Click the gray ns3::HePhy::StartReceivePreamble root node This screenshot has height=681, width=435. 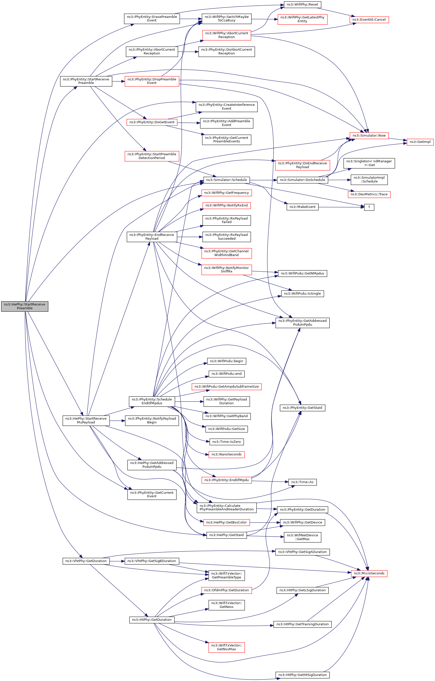tap(25, 306)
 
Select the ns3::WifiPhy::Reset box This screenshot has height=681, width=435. tap(302, 5)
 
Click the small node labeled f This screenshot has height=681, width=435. tap(369, 207)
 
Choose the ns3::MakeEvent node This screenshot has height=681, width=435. tap(302, 207)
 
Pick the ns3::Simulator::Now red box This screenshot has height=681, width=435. tap(369, 135)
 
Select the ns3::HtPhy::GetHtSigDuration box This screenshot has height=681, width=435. tap(302, 675)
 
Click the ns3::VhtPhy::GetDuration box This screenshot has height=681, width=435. tap(86, 561)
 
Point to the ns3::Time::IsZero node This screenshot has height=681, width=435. tap(226, 442)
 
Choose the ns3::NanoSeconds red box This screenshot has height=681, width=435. tap(226, 454)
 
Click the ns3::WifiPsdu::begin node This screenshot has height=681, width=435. tap(226, 361)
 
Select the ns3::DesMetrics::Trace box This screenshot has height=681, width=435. tap(369, 194)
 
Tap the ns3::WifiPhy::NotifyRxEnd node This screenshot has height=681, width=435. tap(226, 205)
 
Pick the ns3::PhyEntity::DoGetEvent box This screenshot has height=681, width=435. tap(152, 122)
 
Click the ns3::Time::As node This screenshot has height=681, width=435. tap(302, 482)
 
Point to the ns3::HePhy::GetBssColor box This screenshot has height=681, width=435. tap(226, 522)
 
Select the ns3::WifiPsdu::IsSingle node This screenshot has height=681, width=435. tap(302, 294)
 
